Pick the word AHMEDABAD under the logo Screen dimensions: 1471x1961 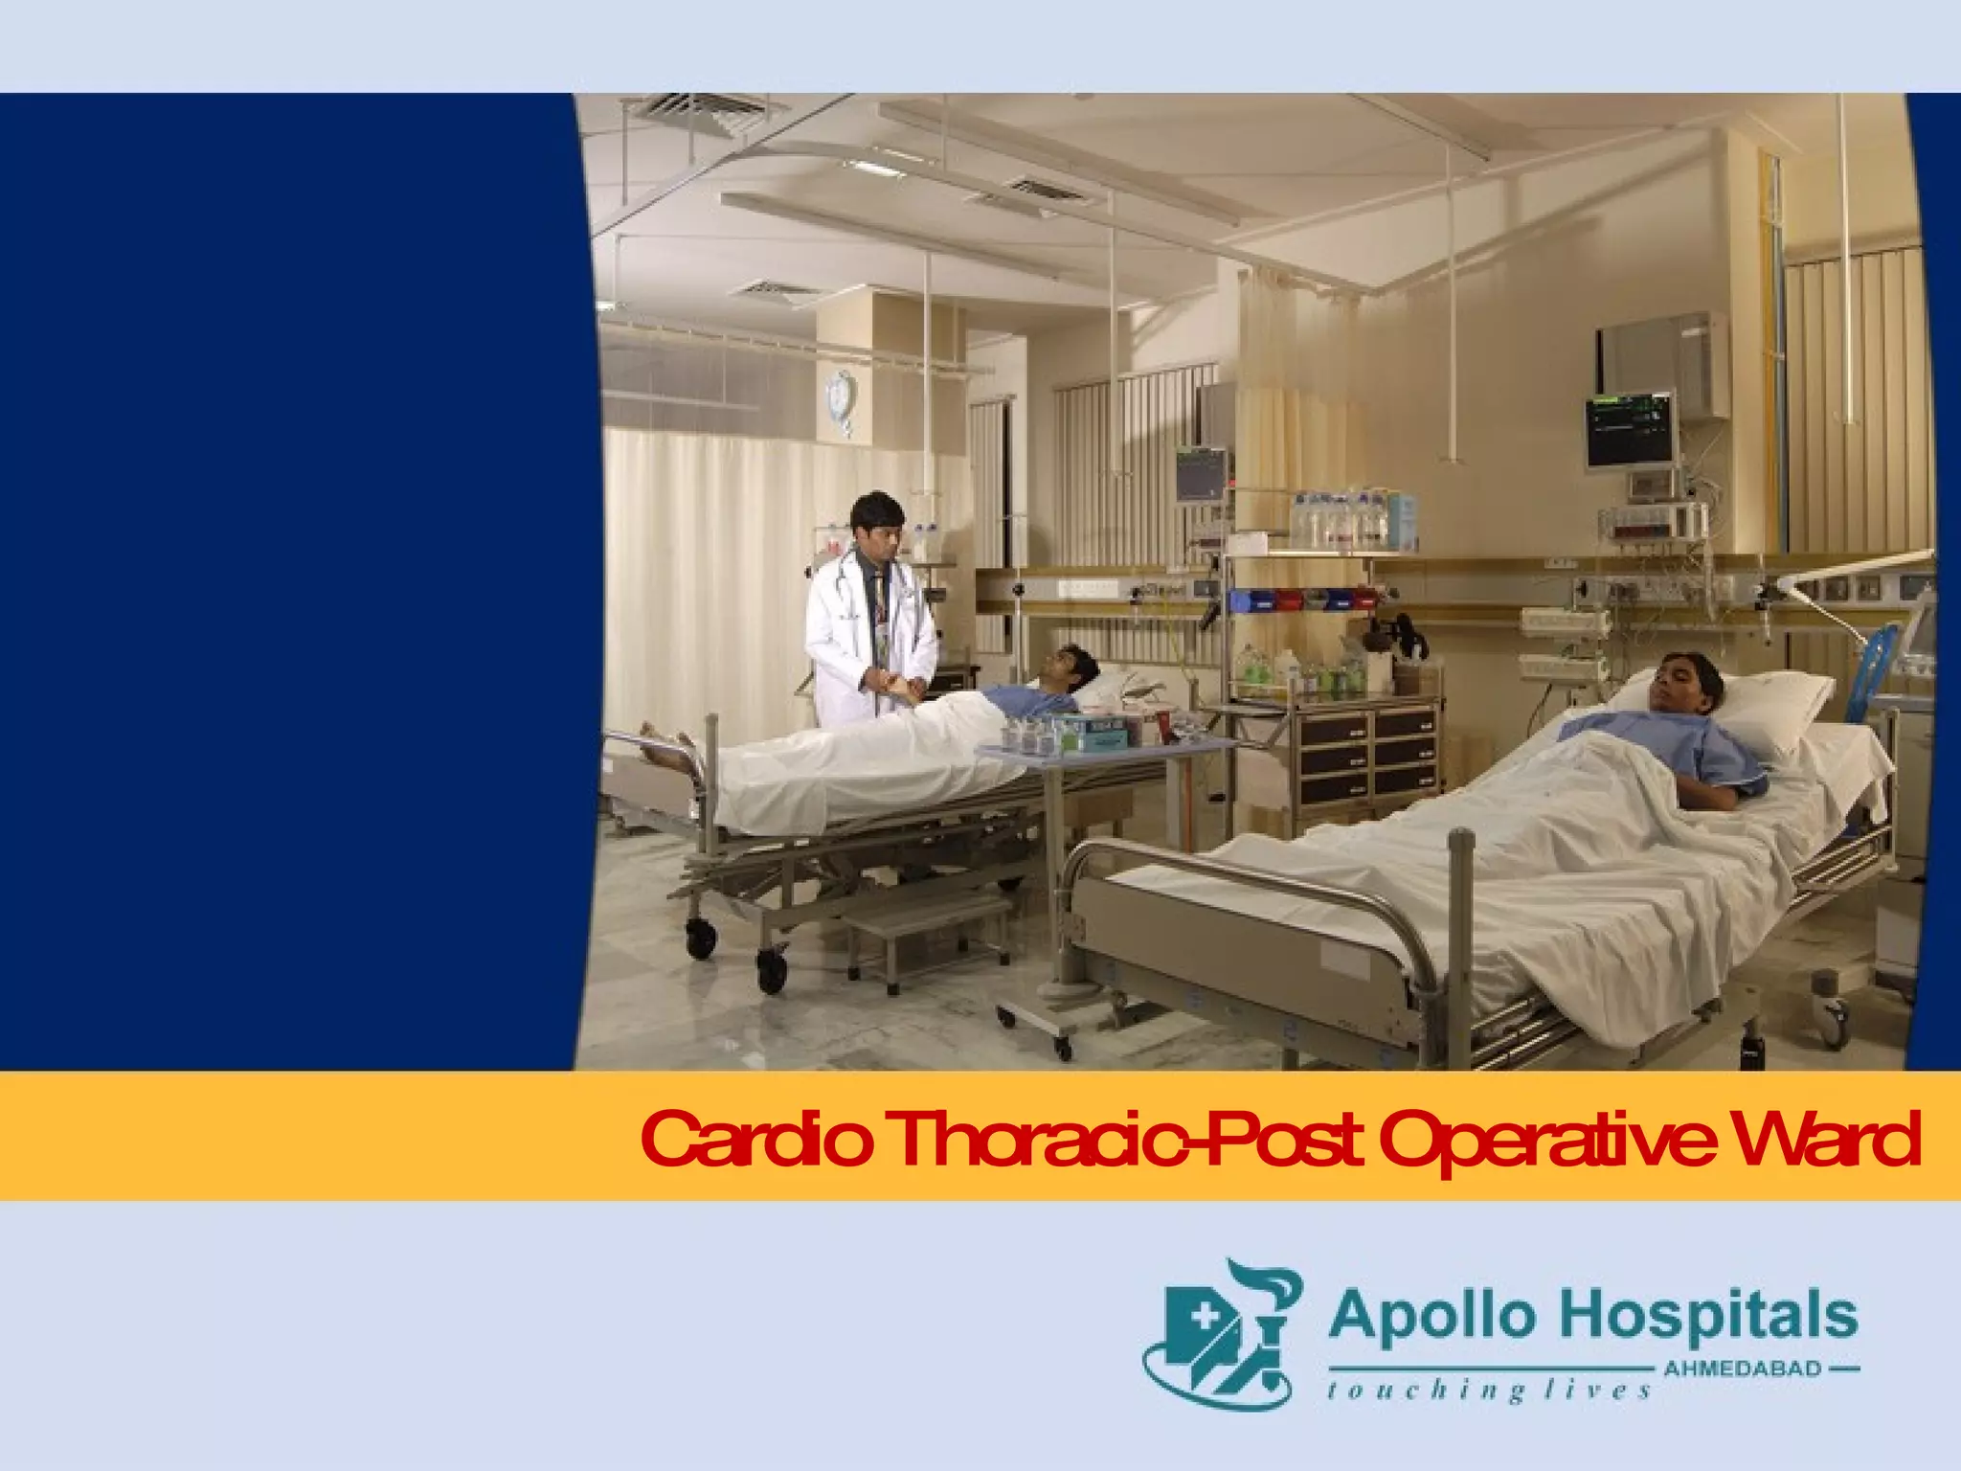(x=1743, y=1369)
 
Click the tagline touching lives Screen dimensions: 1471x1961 (x=1489, y=1391)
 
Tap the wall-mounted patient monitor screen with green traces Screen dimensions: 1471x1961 (x=1631, y=429)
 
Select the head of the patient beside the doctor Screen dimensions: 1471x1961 (x=1069, y=667)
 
